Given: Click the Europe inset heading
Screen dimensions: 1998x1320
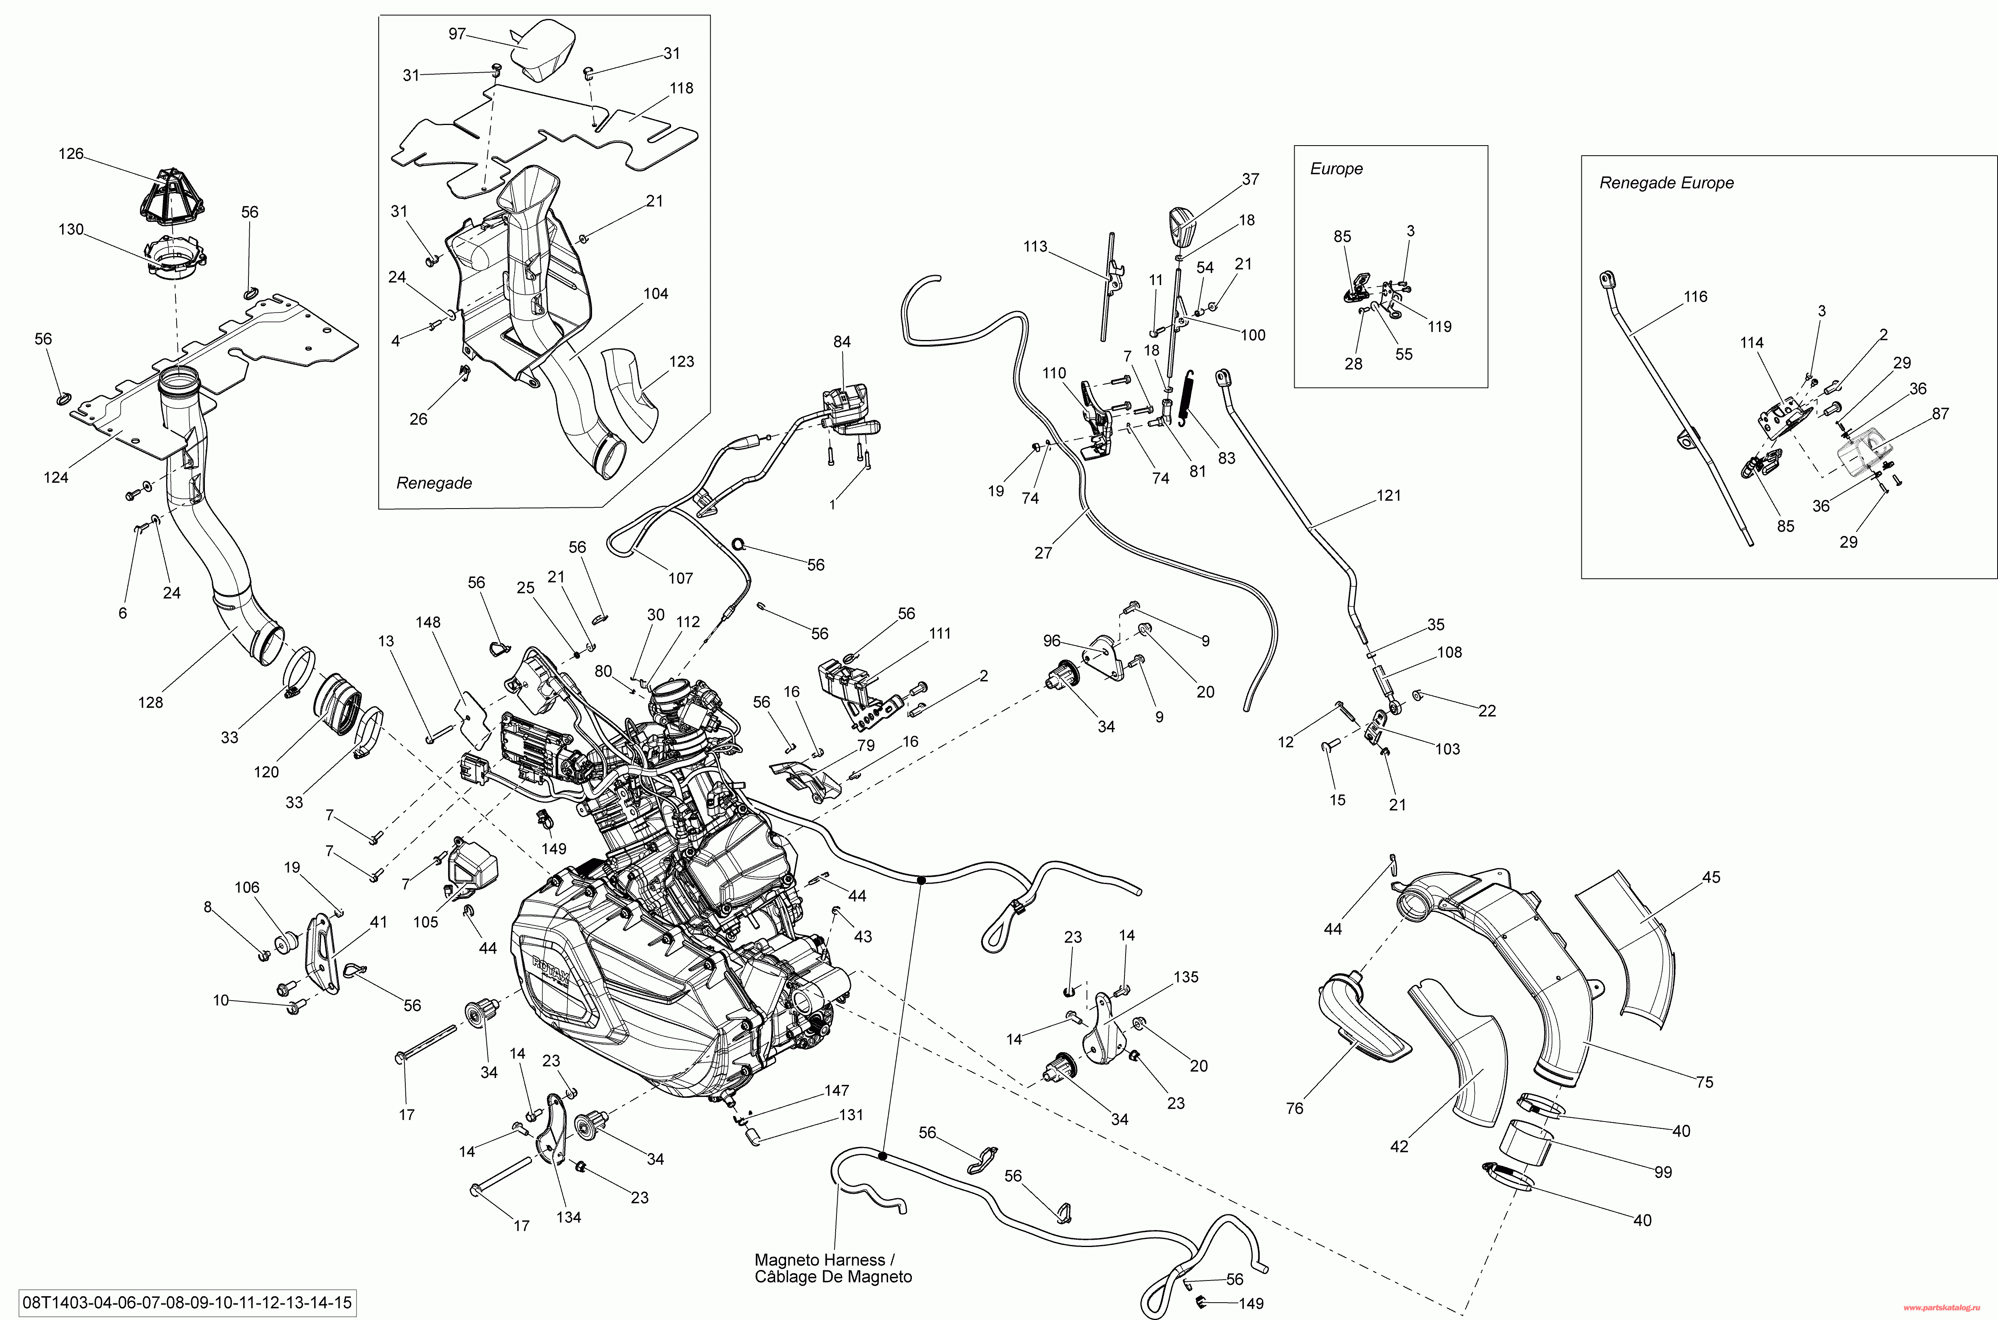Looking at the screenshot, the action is click(x=1337, y=168).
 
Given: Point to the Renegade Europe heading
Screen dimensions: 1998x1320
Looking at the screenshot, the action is click(x=1666, y=183).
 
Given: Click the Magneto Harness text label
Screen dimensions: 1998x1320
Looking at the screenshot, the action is click(x=820, y=1260).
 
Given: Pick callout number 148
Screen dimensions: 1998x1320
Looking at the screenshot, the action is click(x=428, y=622).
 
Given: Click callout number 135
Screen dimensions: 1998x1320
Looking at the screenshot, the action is click(x=1186, y=977).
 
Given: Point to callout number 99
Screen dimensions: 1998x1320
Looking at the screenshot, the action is click(x=1663, y=1172).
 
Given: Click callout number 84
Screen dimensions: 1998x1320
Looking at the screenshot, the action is click(x=842, y=342).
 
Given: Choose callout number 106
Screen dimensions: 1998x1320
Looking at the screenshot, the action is click(x=246, y=887).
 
